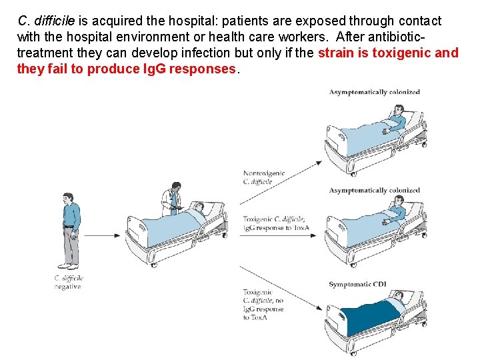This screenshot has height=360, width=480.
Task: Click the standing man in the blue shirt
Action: pyautogui.click(x=69, y=230)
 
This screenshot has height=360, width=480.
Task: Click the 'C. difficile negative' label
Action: pyautogui.click(x=68, y=282)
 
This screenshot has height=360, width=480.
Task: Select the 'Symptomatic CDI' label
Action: pyautogui.click(x=357, y=285)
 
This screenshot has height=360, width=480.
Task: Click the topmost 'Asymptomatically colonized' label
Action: pyautogui.click(x=374, y=92)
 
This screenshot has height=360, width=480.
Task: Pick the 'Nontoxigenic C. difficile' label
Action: pyautogui.click(x=263, y=177)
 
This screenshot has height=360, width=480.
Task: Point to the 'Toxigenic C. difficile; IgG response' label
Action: pyautogui.click(x=274, y=223)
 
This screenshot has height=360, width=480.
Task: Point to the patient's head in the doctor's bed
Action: pyautogui.click(x=199, y=209)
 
